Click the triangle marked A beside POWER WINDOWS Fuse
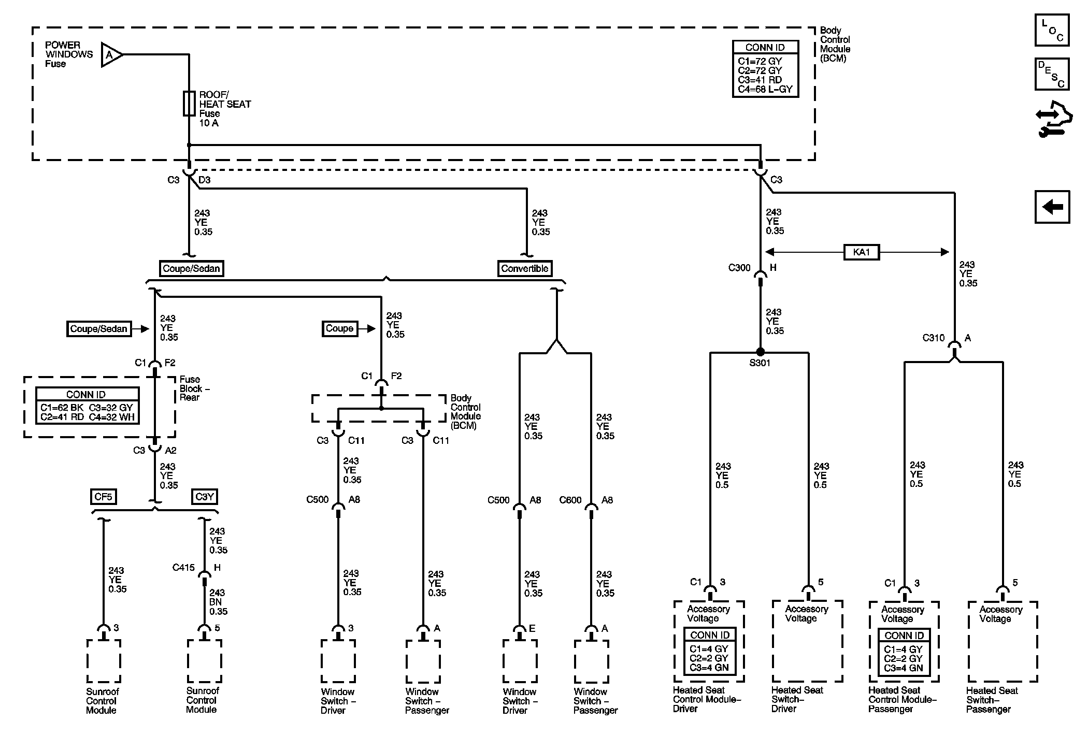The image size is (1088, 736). [x=110, y=54]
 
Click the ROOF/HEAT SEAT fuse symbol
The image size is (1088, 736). [x=189, y=103]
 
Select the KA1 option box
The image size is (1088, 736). [x=861, y=252]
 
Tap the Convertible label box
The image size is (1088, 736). [x=524, y=268]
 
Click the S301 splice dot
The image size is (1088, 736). [x=760, y=352]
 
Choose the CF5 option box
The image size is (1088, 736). [x=103, y=497]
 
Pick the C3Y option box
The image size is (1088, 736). [x=204, y=497]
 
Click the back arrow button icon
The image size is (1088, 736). [x=1052, y=207]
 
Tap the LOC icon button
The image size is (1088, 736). [x=1052, y=31]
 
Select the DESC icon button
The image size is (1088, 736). [x=1052, y=74]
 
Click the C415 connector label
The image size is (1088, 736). [x=183, y=568]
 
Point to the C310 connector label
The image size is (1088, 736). [x=934, y=338]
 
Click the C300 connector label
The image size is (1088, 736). [x=739, y=268]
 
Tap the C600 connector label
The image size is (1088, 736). [x=570, y=500]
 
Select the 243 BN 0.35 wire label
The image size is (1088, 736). [x=218, y=602]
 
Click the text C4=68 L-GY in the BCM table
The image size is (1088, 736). [x=765, y=89]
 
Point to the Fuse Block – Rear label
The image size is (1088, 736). [x=194, y=388]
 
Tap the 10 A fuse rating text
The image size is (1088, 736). [x=209, y=123]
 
